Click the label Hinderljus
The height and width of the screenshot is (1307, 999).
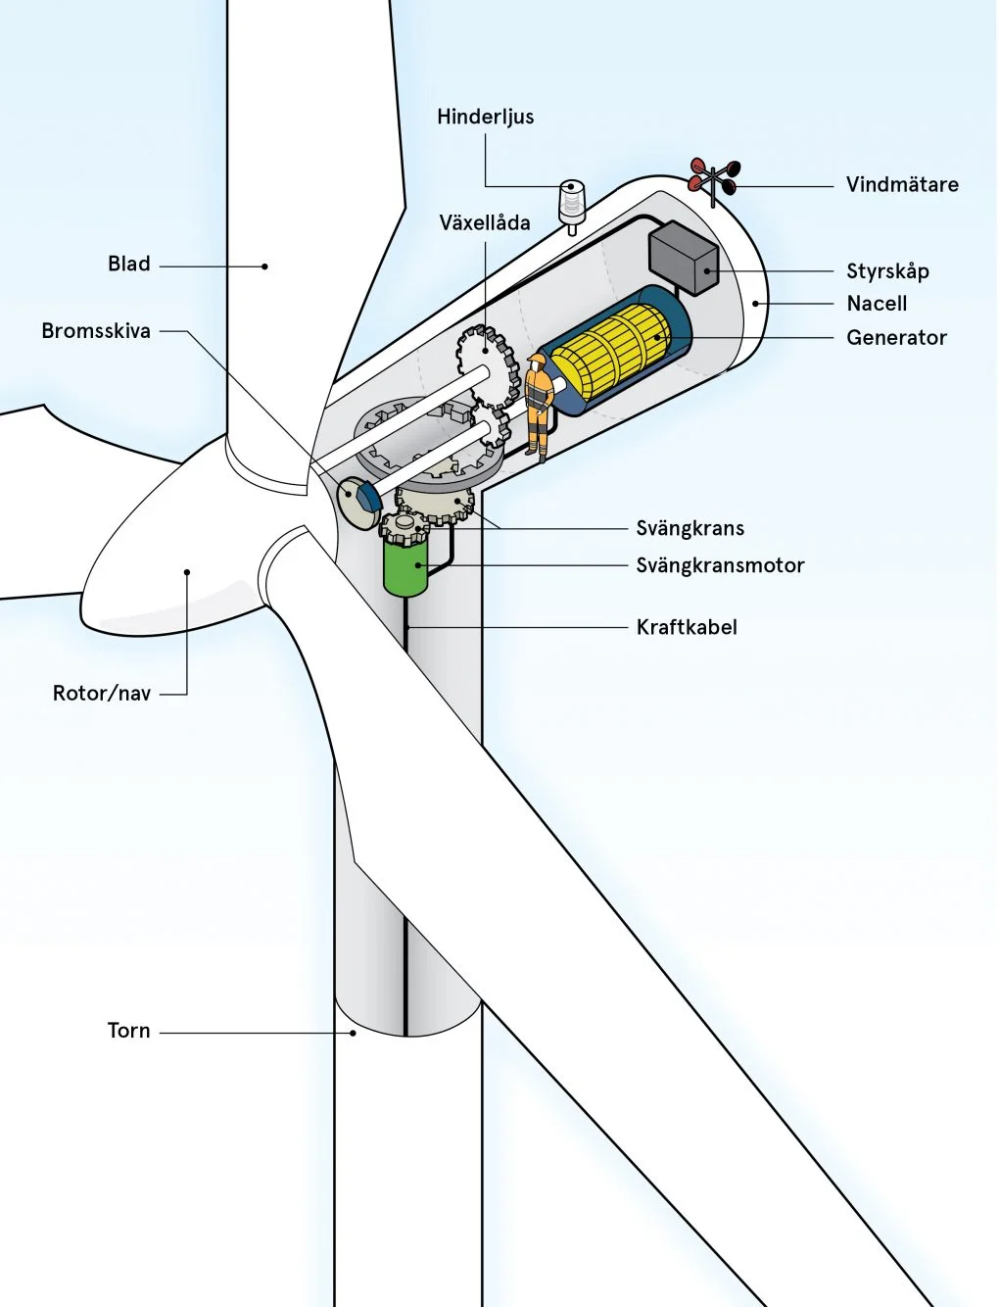[x=485, y=117]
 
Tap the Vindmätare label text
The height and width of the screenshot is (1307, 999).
[x=902, y=184]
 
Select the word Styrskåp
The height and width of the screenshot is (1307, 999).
[x=887, y=271]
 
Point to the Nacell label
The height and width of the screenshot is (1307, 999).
[x=877, y=304]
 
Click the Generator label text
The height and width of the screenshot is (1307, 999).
[x=896, y=337]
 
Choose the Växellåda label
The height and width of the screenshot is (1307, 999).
[x=485, y=222]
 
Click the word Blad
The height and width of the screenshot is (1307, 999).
[x=129, y=264]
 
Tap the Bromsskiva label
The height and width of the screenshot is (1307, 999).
[x=96, y=331]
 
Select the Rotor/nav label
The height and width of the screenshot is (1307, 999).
[x=102, y=694]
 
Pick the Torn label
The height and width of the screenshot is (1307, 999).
[x=129, y=1031]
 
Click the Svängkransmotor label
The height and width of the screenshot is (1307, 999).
[x=720, y=565]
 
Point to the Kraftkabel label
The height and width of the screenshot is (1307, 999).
[x=687, y=627]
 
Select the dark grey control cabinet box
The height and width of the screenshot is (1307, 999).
[x=684, y=257]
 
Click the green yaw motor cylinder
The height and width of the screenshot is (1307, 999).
[x=405, y=568]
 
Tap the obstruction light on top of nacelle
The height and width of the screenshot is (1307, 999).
[x=570, y=203]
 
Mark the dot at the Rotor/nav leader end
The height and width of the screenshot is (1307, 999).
[x=187, y=572]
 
